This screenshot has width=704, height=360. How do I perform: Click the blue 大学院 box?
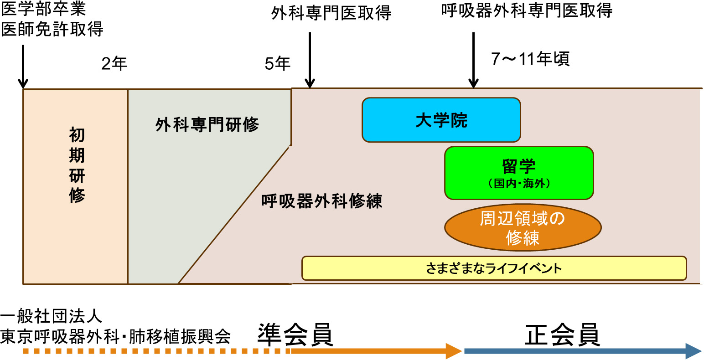(441, 120)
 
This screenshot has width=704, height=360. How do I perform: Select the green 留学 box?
(519, 173)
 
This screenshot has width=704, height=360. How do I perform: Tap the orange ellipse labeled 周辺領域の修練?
(523, 228)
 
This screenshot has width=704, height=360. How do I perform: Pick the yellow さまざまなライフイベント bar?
(494, 268)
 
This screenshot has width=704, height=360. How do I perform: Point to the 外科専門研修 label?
(207, 125)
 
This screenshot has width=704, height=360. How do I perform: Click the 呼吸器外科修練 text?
(321, 201)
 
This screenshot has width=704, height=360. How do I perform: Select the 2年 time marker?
(114, 64)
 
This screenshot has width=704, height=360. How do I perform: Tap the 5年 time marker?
(277, 64)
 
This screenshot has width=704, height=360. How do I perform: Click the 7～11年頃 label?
(530, 59)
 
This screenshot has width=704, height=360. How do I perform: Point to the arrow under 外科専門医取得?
(310, 60)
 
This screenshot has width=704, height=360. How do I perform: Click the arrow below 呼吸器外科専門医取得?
(474, 60)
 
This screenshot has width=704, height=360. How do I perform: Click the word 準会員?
(295, 335)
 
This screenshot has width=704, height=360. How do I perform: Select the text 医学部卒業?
(43, 9)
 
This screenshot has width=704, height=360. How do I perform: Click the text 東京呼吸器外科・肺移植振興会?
(115, 336)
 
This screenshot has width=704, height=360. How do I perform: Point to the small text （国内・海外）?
(519, 184)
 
